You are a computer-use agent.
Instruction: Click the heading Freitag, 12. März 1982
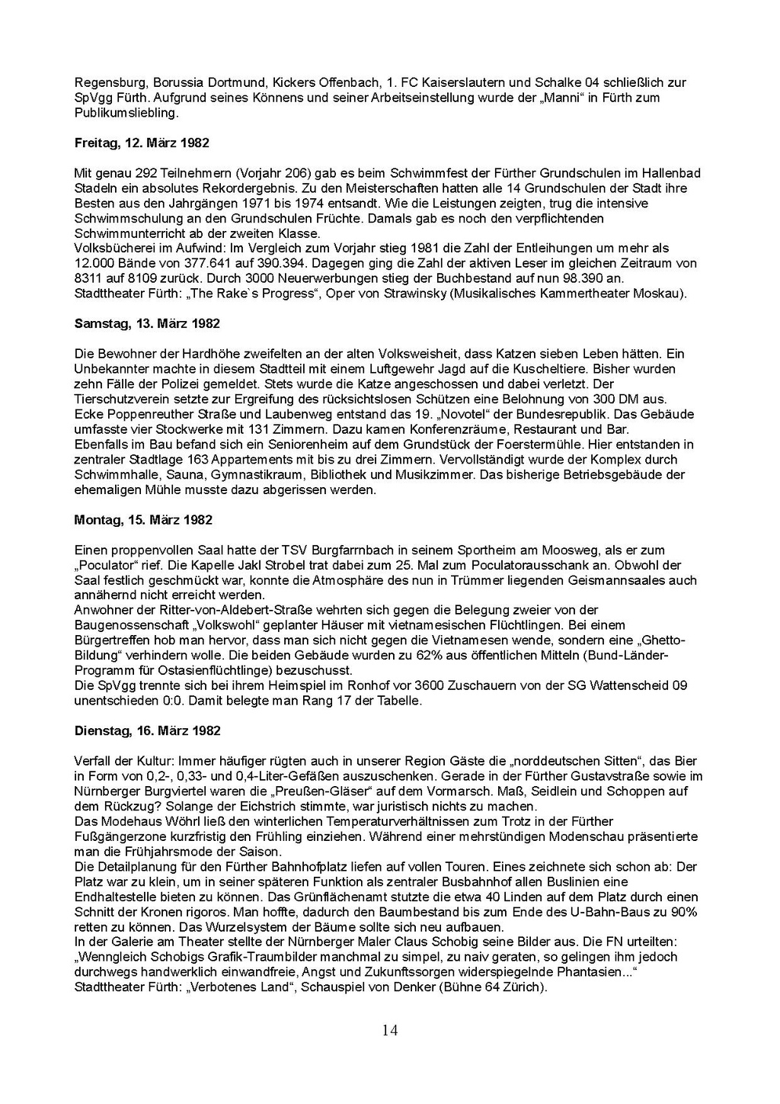[142, 143]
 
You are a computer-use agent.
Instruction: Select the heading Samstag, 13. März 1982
[147, 323]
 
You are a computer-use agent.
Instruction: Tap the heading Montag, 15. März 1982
[143, 520]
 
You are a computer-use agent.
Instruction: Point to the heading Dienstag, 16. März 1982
[148, 730]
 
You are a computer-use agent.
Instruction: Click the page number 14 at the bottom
[389, 1031]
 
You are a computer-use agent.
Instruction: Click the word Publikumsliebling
[126, 113]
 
